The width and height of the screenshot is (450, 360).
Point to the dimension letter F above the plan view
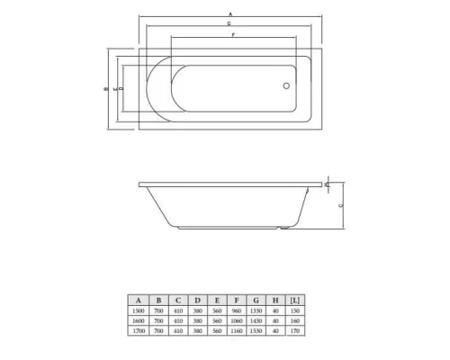233,34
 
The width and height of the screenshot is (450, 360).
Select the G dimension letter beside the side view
340,205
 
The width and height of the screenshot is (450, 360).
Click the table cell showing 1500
138,310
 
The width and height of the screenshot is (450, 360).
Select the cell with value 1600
138,320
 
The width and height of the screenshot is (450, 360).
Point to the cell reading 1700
138,330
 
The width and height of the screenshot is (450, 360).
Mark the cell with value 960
237,310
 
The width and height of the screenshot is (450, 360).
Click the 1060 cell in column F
237,320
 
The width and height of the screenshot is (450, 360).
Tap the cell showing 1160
237,330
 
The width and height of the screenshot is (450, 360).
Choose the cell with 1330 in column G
256,310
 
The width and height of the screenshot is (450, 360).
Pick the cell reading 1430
256,320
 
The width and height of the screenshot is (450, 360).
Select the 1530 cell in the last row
256,330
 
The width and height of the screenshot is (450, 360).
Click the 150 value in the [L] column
297,310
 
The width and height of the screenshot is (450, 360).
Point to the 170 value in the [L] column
297,330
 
